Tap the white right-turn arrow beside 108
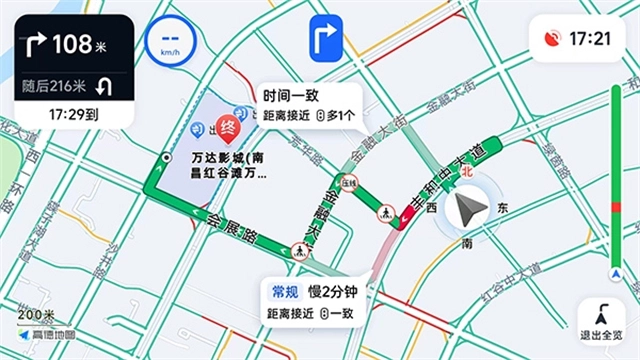click(x=34, y=44)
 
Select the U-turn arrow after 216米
click(x=103, y=88)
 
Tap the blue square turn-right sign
click(x=327, y=39)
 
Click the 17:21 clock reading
click(x=590, y=39)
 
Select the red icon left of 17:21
click(x=551, y=39)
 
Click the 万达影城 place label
click(x=227, y=165)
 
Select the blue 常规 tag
click(x=284, y=292)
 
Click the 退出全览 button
click(x=603, y=322)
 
